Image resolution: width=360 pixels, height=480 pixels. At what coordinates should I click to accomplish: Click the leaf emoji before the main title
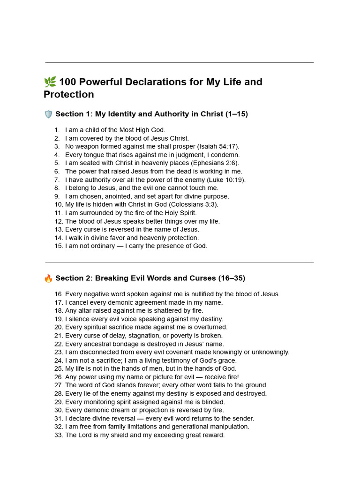tap(50, 82)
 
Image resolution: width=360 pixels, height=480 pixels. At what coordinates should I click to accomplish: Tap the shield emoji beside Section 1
tap(48, 114)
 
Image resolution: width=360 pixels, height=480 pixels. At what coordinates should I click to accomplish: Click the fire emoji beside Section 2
tap(48, 278)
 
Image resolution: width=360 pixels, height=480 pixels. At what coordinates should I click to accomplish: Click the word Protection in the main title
tap(69, 94)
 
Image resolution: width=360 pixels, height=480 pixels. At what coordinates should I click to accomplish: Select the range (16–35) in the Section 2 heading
tap(232, 278)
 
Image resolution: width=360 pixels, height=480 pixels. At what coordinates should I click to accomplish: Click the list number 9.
tap(57, 196)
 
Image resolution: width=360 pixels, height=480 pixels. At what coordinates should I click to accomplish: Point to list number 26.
tap(59, 377)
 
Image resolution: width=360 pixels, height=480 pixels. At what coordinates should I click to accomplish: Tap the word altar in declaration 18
tap(85, 310)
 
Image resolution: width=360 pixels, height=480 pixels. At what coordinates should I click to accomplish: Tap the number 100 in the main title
tap(68, 82)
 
